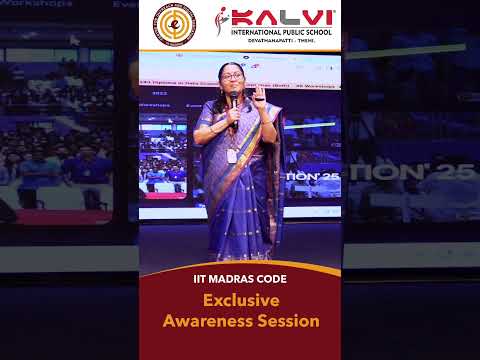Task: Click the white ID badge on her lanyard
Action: (232, 155)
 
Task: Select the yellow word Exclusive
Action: (240, 300)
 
